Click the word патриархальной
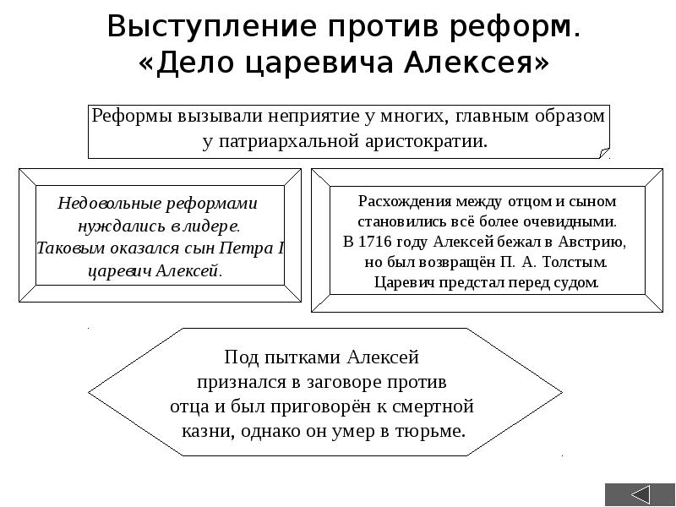pos(293,140)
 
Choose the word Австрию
pos(592,242)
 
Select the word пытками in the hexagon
pos(290,357)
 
